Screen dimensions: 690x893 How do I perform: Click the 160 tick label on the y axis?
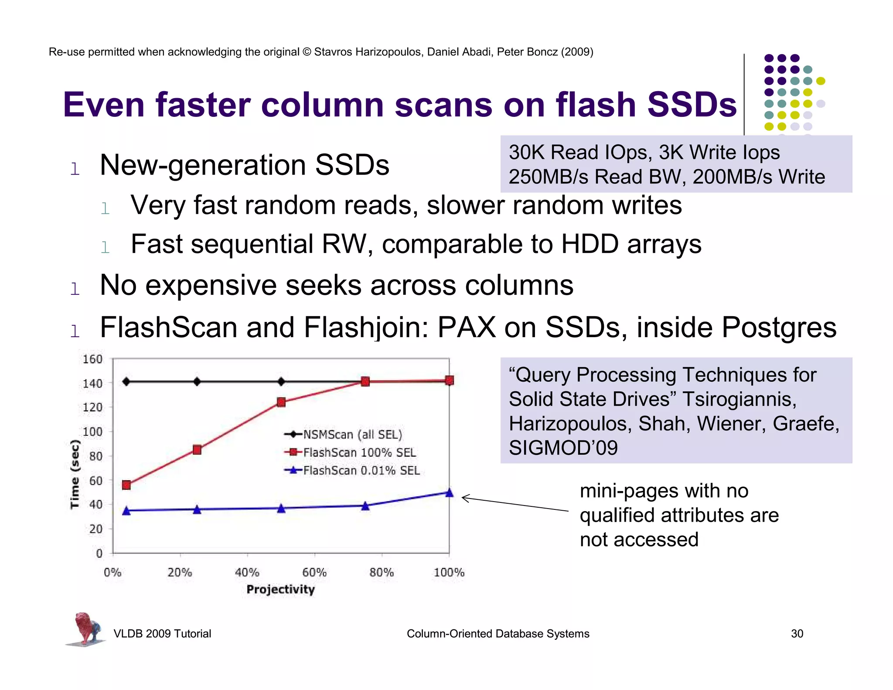pos(92,359)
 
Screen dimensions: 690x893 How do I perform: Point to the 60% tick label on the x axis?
pos(314,572)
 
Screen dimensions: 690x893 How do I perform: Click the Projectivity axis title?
pos(280,589)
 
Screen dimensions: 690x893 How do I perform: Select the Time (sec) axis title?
pos(75,474)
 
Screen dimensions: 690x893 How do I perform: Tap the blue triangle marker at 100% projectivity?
pos(449,493)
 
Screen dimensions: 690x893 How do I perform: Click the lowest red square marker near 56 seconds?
pos(126,485)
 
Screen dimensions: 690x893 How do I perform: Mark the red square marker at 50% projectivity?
pos(281,402)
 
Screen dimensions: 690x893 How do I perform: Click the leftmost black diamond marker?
pos(126,382)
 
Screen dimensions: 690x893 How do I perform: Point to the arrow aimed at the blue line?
pos(515,504)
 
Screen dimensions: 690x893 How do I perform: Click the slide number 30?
pos(797,633)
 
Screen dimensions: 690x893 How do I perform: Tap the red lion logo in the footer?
pos(86,629)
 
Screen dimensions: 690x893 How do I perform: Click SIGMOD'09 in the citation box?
pos(563,447)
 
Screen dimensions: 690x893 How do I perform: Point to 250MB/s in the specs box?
pos(548,177)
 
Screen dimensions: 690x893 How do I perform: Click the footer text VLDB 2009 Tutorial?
pos(162,633)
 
